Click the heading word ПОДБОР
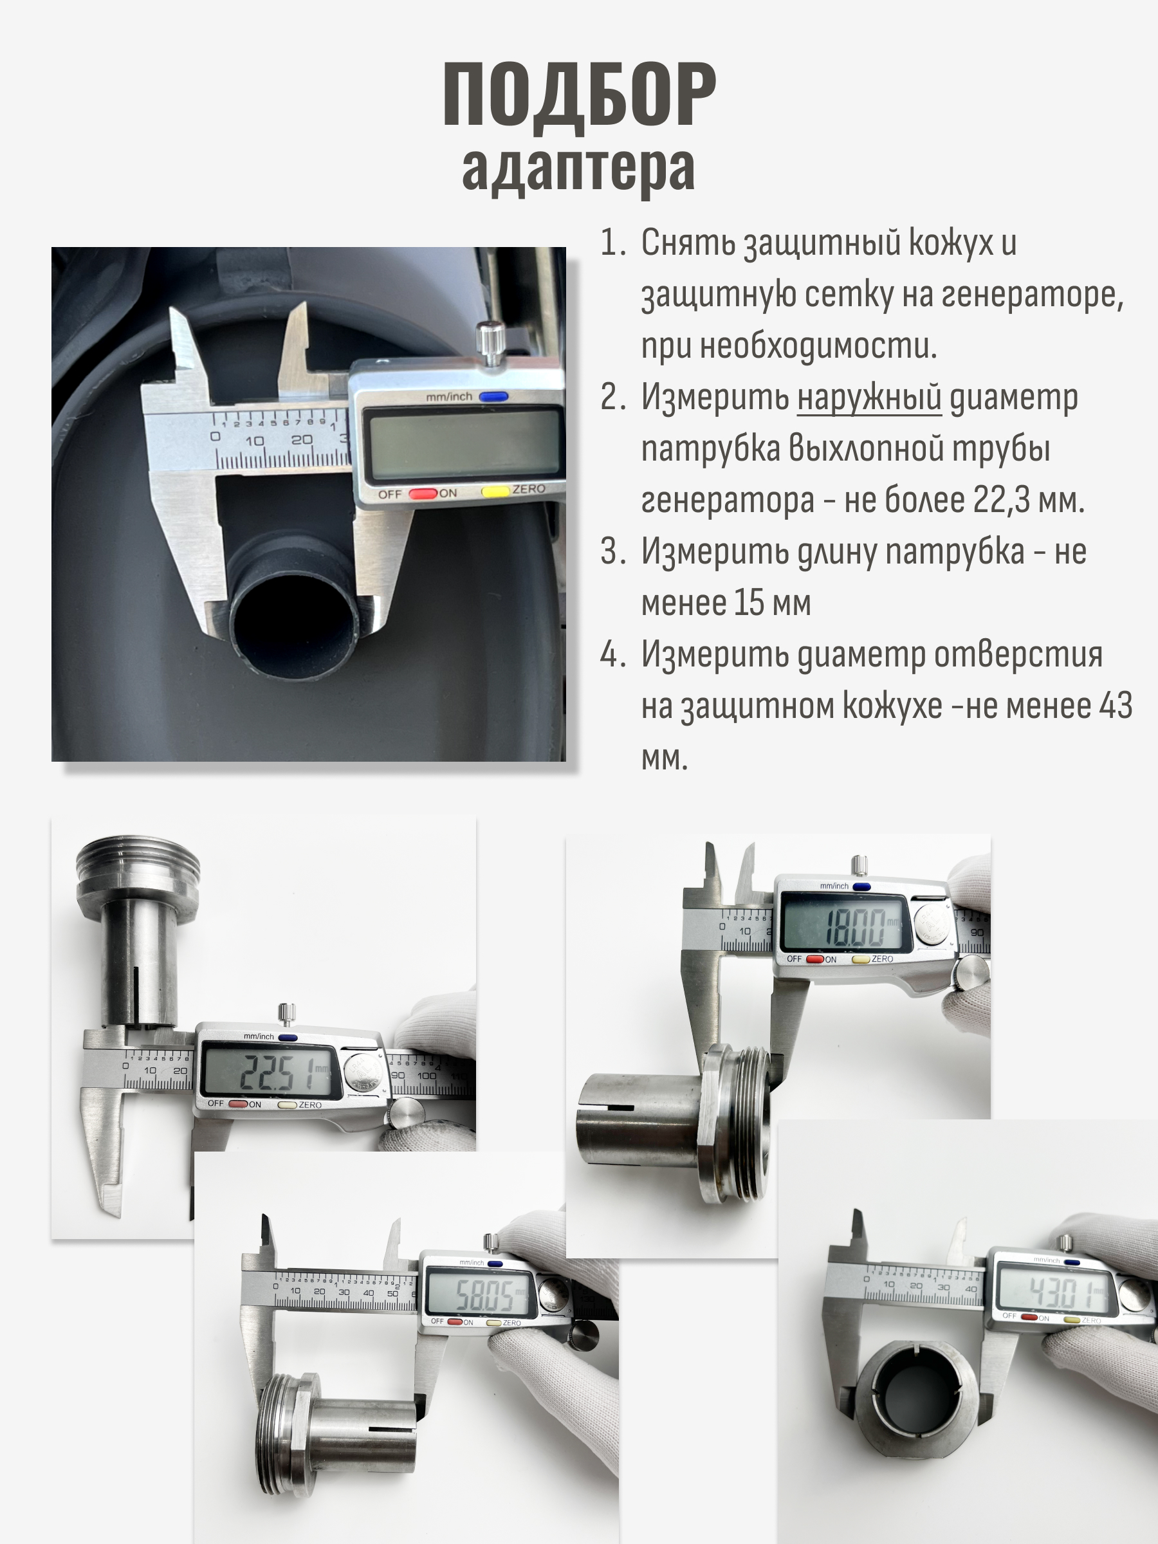point(580,96)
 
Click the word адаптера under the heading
point(578,170)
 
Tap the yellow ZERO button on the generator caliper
point(495,492)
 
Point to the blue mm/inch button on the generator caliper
point(493,396)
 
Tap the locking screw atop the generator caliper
point(491,342)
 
